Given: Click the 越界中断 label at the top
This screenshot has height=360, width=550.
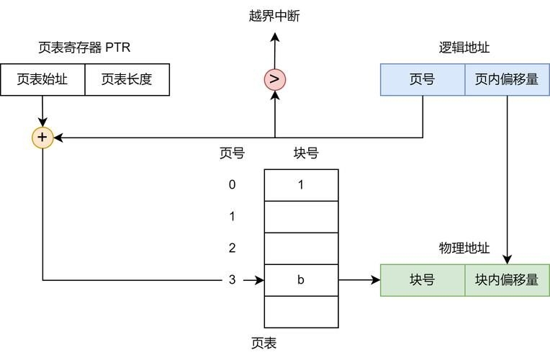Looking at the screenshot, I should point(274,16).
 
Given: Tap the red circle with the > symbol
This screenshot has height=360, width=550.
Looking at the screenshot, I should point(274,79).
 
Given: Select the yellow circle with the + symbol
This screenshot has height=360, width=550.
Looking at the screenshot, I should point(42,137).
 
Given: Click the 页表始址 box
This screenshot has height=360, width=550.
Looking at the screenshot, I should point(42,80).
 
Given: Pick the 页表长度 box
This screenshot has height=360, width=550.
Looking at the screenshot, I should point(127,80).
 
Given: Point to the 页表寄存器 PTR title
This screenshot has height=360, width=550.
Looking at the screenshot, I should point(84,48).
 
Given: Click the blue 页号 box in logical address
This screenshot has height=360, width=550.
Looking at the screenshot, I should point(422,80).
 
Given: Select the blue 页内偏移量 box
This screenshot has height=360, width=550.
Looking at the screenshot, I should point(507,80).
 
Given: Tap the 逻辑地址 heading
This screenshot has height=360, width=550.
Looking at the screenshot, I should point(464,48).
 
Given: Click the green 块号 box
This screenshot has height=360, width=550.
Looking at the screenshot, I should point(422,280).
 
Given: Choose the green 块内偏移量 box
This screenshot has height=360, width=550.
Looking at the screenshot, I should point(507,280).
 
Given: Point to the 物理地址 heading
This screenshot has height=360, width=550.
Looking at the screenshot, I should point(464,248).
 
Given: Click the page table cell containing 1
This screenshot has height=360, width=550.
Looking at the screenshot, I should point(301,184).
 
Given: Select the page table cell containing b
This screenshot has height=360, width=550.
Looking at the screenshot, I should point(301,280).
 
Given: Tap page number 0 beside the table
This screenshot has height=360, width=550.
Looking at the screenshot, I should point(232,184).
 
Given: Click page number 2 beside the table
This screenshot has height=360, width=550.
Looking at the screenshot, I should point(232,248).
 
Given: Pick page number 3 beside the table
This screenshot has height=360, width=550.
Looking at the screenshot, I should point(232,280).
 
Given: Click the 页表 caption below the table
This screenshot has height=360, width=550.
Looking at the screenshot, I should point(263,343).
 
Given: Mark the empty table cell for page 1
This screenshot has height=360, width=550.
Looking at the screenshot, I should point(301,216).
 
